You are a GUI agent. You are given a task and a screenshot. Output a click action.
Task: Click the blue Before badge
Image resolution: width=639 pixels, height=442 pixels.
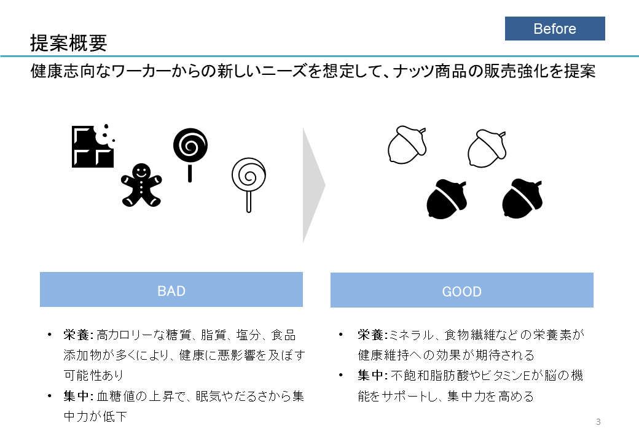[x=555, y=28]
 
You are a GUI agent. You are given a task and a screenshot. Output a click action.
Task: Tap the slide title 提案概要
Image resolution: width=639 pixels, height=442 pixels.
[x=68, y=43]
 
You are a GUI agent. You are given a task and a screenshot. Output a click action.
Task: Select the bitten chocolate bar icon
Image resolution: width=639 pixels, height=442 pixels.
[x=93, y=145]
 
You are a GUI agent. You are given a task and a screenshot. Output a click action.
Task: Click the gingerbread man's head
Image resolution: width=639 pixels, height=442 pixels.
[x=141, y=171]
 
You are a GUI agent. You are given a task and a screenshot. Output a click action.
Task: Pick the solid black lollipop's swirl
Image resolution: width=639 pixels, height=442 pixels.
[x=190, y=145]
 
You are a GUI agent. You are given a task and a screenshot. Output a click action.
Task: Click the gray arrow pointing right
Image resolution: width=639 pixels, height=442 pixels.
[x=314, y=185]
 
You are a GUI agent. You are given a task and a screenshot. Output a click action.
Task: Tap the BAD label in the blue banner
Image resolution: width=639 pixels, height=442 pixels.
[x=171, y=291]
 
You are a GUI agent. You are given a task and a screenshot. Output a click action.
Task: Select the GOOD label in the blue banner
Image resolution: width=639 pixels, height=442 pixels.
[x=461, y=292]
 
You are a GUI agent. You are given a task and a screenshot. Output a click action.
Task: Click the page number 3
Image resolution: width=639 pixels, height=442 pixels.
[x=598, y=422]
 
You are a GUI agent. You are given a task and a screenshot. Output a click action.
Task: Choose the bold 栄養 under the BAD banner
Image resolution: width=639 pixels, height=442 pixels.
[x=76, y=335]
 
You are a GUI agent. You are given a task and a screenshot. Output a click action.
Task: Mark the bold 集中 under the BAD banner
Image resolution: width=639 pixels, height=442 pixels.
[x=76, y=396]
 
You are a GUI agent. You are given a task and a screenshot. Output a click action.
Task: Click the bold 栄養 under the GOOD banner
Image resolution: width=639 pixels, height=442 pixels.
[x=370, y=335]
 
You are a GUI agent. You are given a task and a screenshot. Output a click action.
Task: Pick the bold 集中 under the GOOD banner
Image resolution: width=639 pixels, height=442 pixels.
[x=370, y=375]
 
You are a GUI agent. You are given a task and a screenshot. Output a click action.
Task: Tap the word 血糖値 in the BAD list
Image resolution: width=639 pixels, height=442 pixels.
[x=116, y=396]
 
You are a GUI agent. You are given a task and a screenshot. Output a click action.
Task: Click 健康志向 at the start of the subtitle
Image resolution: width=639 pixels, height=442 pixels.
[x=63, y=71]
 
